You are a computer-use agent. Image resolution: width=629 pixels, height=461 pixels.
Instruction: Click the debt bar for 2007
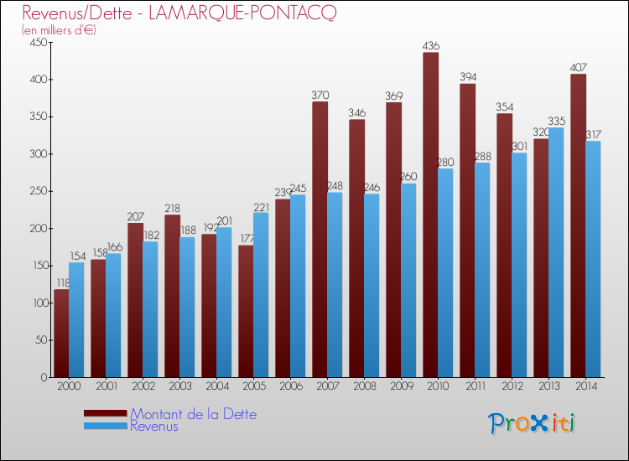pos(320,240)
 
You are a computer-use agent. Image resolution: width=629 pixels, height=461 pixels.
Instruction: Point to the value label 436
pos(431,46)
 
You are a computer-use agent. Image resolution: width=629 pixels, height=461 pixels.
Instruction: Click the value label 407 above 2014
pos(579,68)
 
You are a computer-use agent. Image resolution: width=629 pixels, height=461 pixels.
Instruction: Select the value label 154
pos(76,256)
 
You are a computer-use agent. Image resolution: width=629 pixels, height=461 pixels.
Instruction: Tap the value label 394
pos(468,77)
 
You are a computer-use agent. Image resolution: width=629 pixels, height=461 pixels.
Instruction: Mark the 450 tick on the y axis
pos(39,43)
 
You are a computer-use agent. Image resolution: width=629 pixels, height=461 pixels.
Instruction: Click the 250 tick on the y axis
pos(39,191)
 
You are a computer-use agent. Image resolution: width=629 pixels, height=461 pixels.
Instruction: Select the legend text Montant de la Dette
pos(194,414)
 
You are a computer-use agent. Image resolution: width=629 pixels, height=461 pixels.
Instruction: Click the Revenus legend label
pos(154,427)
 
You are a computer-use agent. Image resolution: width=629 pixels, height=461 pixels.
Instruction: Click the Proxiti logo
pos(533,423)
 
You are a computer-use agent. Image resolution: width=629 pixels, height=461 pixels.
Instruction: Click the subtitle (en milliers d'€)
pos(60,30)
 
